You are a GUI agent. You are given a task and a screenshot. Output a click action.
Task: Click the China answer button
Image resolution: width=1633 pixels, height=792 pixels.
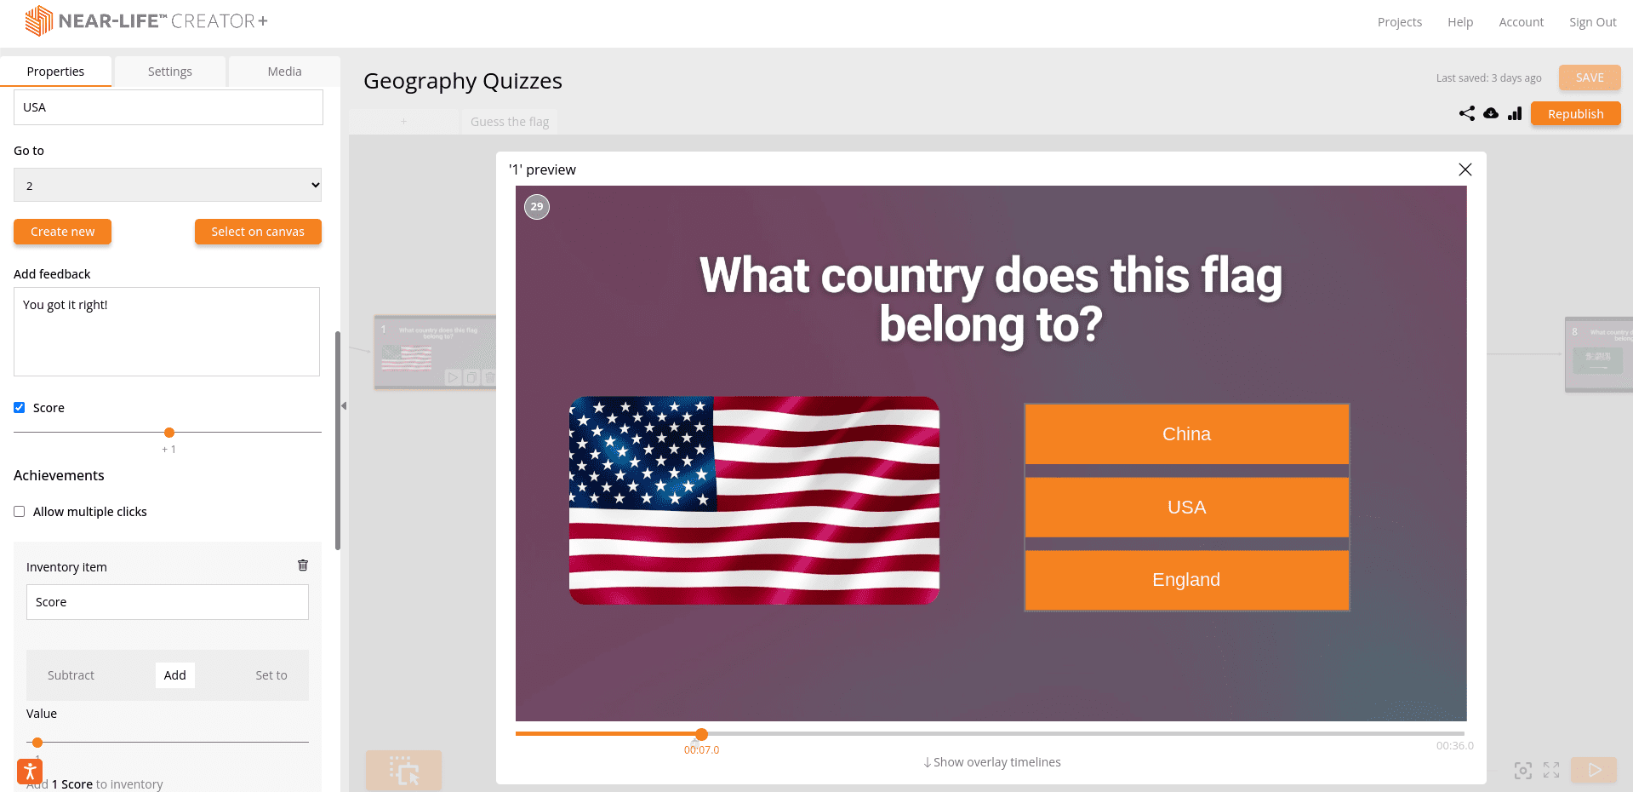click(1186, 434)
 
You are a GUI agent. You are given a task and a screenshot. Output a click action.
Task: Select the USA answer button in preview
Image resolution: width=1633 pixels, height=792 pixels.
click(1186, 508)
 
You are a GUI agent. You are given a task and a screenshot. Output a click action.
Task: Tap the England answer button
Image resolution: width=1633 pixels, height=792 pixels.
click(1186, 580)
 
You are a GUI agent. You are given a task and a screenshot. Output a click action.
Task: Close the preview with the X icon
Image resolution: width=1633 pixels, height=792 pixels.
click(1465, 169)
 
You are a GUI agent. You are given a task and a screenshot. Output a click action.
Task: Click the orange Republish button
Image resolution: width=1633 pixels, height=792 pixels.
click(1575, 114)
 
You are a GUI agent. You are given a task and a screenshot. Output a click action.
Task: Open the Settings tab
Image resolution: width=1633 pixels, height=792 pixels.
click(169, 72)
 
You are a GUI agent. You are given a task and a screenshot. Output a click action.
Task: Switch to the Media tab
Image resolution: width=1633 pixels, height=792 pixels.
click(284, 72)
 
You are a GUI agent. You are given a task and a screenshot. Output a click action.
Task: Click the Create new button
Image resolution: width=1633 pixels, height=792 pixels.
click(62, 232)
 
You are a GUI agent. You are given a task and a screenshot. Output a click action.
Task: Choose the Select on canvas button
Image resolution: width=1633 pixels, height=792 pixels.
click(257, 232)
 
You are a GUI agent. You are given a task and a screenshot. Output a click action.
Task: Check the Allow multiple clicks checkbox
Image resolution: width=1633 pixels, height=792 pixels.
click(20, 512)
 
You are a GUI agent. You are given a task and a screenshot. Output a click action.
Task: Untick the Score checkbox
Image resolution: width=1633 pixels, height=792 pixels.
click(20, 408)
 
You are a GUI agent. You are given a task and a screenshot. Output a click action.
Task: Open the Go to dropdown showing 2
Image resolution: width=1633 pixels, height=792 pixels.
click(168, 185)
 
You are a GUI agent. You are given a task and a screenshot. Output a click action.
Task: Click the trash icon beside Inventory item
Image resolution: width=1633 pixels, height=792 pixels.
click(302, 565)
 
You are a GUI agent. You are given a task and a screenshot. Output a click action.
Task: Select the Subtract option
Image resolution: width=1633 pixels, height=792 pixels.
click(71, 675)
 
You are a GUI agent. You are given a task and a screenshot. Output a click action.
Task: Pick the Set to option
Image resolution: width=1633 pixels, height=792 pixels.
click(271, 675)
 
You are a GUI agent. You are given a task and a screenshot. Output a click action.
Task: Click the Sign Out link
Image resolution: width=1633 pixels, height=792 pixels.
click(1592, 22)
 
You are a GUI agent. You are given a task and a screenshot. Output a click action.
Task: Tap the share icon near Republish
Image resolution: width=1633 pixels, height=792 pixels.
click(1466, 113)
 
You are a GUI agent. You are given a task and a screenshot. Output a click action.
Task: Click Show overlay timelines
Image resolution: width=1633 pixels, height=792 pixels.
click(992, 762)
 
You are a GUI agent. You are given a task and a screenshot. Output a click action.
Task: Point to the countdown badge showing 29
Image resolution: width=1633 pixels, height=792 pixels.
click(537, 207)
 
